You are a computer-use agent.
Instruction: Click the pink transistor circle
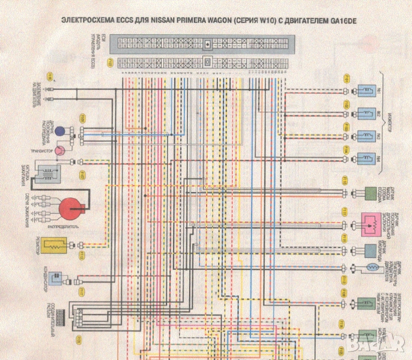click(x=61, y=151)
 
